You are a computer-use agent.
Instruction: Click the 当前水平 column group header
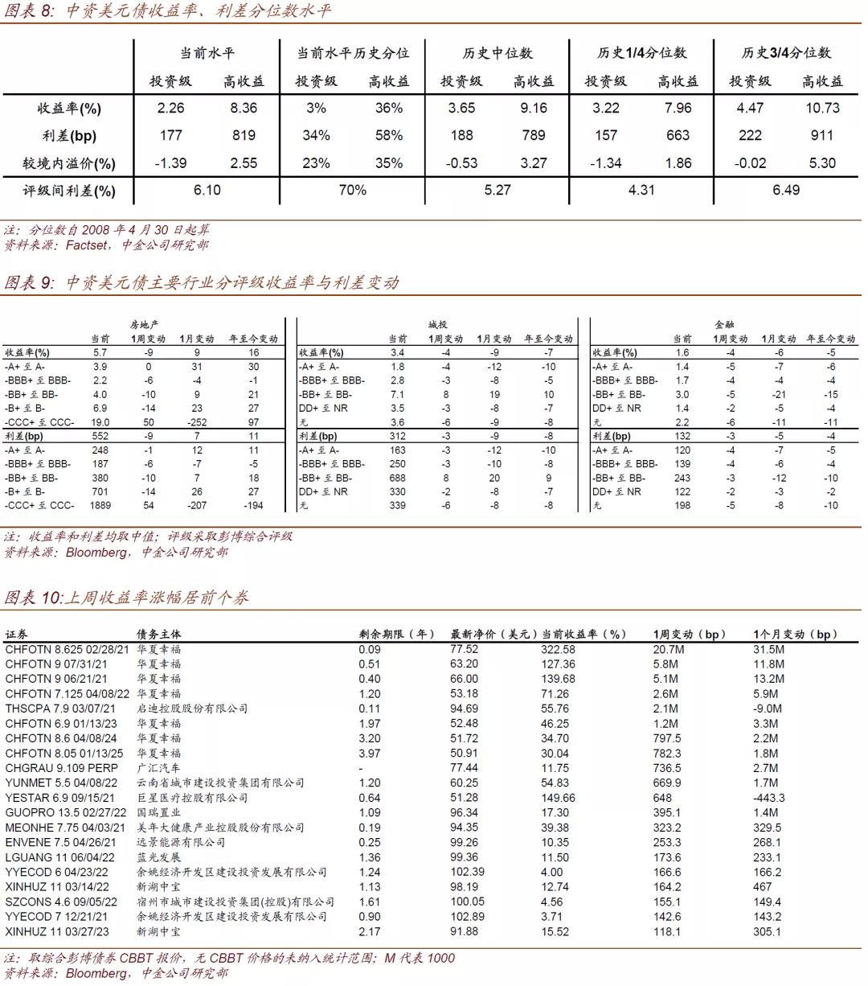coord(207,53)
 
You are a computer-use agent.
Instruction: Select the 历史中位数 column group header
coord(497,53)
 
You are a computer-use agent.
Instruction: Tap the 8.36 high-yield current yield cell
coord(244,108)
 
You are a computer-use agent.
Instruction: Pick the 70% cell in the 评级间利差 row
coord(352,190)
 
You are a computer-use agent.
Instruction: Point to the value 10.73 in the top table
coord(822,108)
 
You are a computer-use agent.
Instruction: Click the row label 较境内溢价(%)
coord(69,163)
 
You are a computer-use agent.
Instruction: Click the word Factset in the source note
coord(86,245)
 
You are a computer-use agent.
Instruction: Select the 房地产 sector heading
coord(145,325)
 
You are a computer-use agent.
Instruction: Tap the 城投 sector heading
coord(437,325)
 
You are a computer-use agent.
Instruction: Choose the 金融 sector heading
coord(724,325)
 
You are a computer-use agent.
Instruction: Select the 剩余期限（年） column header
coord(397,634)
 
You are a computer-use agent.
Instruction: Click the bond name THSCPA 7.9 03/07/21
coord(60,709)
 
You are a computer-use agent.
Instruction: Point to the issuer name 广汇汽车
coord(158,768)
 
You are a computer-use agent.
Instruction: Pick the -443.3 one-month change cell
coord(769,798)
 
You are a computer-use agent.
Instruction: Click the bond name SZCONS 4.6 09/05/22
coord(61,902)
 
